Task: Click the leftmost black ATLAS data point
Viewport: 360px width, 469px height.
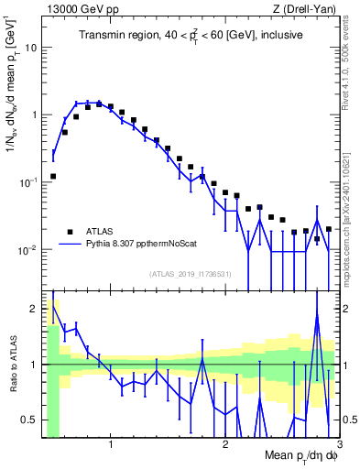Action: [53, 176]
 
